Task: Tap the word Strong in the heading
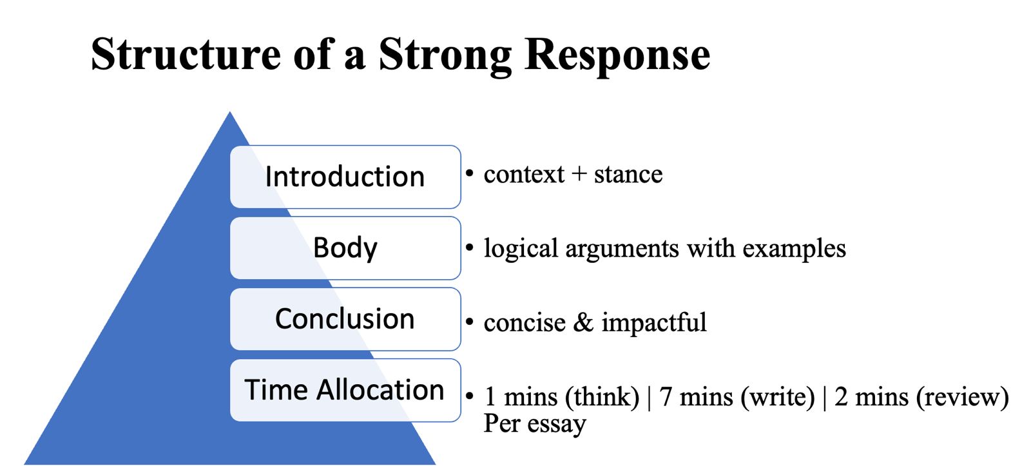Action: pyautogui.click(x=445, y=55)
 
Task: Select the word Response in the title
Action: pyautogui.click(x=617, y=55)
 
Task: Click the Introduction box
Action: pyautogui.click(x=345, y=177)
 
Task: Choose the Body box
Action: pyautogui.click(x=345, y=248)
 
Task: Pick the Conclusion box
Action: pyautogui.click(x=345, y=319)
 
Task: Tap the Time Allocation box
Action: pyautogui.click(x=345, y=390)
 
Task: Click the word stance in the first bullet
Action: pyautogui.click(x=628, y=174)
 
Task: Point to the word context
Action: pyautogui.click(x=523, y=174)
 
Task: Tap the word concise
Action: pyautogui.click(x=524, y=322)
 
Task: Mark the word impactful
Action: pyautogui.click(x=653, y=322)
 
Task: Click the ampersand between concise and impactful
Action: pyautogui.click(x=583, y=322)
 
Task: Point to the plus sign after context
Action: pyautogui.click(x=579, y=174)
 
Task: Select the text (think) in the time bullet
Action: pyautogui.click(x=602, y=397)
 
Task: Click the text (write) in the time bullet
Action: pyautogui.click(x=778, y=397)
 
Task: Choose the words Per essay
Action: pyautogui.click(x=535, y=424)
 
